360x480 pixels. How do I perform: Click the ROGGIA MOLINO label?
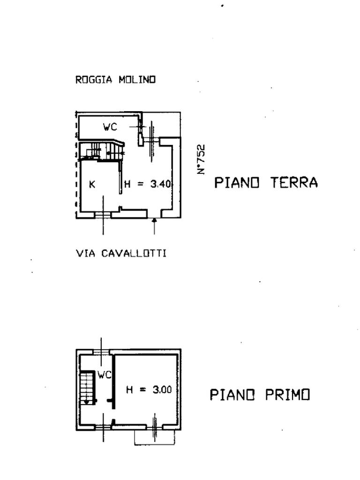115,80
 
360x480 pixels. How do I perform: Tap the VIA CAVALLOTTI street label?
121,254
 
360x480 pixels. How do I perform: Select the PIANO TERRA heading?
266,182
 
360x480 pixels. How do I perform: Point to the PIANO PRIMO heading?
260,395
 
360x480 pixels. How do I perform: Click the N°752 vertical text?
202,159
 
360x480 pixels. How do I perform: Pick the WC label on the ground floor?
110,127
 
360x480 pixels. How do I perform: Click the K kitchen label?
92,184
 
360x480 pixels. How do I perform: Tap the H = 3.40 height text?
148,184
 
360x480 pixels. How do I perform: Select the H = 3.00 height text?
149,389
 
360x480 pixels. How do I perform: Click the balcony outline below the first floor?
154,438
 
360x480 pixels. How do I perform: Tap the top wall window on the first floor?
101,352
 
